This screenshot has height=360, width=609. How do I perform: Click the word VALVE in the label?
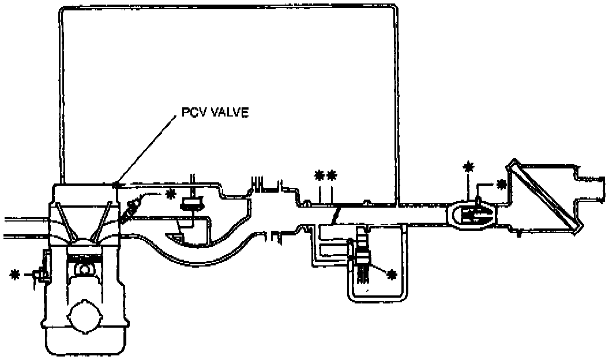228,112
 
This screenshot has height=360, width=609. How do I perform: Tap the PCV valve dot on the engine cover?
116,185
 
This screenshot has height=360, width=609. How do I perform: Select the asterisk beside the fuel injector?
171,194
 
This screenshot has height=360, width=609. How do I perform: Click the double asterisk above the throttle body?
325,175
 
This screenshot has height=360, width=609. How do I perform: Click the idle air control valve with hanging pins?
363,257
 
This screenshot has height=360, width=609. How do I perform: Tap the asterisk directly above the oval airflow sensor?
468,167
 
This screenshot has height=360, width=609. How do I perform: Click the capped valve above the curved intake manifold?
191,203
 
